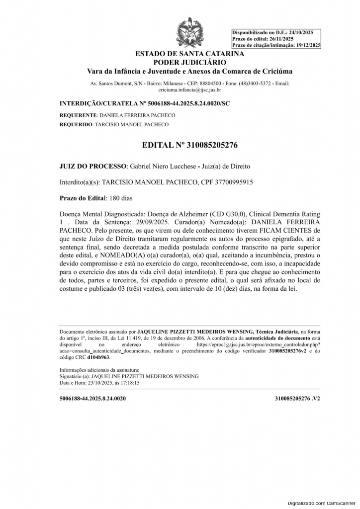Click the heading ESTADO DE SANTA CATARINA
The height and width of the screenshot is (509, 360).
click(x=189, y=54)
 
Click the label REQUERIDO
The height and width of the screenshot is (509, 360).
click(x=76, y=124)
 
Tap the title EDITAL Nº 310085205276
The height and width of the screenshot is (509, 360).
click(x=189, y=146)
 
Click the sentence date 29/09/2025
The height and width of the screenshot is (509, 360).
click(x=151, y=222)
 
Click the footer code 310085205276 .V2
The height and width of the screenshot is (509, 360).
click(x=297, y=399)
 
